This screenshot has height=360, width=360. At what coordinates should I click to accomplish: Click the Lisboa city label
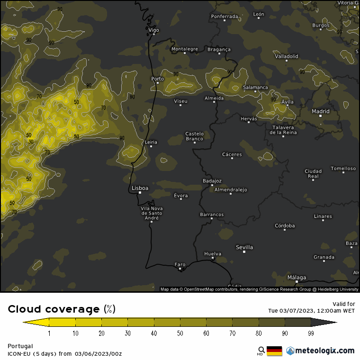[x=140, y=188]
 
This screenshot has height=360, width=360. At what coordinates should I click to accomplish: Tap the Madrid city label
[x=320, y=111]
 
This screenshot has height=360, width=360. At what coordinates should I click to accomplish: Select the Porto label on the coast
[x=157, y=79]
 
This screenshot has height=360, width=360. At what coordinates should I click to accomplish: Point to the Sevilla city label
[x=244, y=247]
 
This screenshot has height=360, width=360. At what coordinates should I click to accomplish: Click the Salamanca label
[x=255, y=88]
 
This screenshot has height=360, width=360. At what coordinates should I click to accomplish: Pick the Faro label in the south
[x=180, y=264]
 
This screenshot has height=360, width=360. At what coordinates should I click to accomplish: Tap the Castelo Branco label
[x=194, y=136]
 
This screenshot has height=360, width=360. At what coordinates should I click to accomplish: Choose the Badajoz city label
[x=212, y=180]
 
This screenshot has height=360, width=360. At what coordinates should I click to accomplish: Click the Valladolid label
[x=287, y=56]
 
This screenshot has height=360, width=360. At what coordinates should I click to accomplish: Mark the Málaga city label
[x=297, y=278]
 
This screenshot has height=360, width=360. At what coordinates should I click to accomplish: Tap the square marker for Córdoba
[x=285, y=230]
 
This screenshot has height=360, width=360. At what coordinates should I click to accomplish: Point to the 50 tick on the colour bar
[x=180, y=333]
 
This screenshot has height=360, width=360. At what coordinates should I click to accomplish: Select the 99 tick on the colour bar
[x=311, y=333]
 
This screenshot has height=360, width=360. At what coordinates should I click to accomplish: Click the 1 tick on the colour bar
[x=49, y=333]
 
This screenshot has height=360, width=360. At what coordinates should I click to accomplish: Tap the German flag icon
[x=274, y=351]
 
